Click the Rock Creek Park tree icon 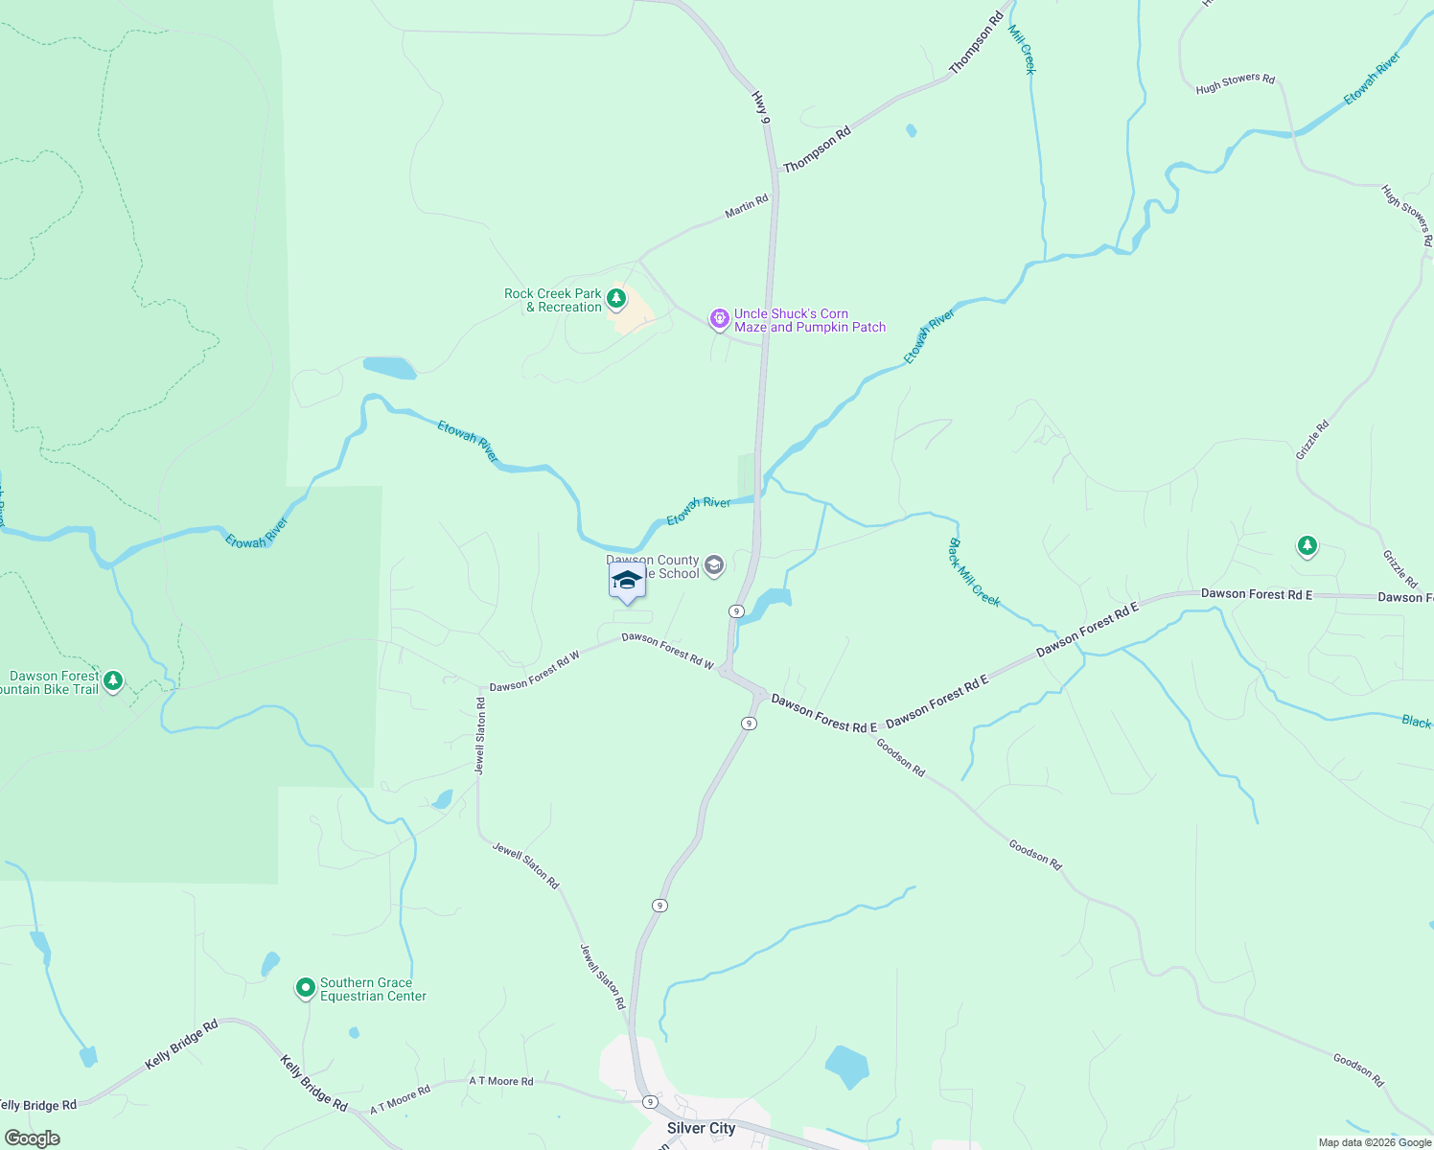pyautogui.click(x=616, y=299)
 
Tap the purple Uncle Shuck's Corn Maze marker pyautogui.click(x=719, y=318)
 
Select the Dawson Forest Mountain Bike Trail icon pyautogui.click(x=113, y=680)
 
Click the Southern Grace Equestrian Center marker pyautogui.click(x=305, y=987)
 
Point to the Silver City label pyautogui.click(x=701, y=1128)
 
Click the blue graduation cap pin pyautogui.click(x=627, y=581)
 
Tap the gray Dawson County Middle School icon pyautogui.click(x=713, y=565)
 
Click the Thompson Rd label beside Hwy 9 pyautogui.click(x=817, y=150)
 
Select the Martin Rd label pyautogui.click(x=746, y=206)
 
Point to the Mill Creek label pyautogui.click(x=1022, y=50)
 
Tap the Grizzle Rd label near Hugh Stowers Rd pyautogui.click(x=1312, y=440)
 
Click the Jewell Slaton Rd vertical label pyautogui.click(x=480, y=736)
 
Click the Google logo pyautogui.click(x=32, y=1138)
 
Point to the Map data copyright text pyautogui.click(x=1375, y=1142)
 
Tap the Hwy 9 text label pyautogui.click(x=760, y=106)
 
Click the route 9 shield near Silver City pyautogui.click(x=650, y=1102)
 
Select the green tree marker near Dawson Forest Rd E pyautogui.click(x=1307, y=546)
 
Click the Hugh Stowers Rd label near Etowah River pyautogui.click(x=1235, y=84)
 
